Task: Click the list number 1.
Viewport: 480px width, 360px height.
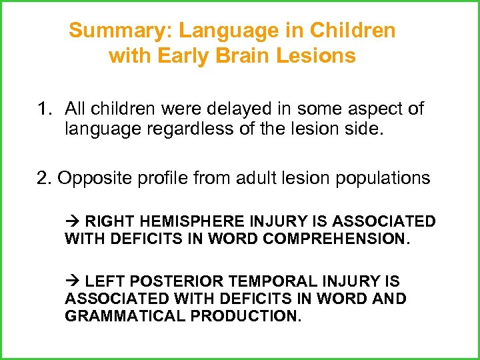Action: pyautogui.click(x=44, y=108)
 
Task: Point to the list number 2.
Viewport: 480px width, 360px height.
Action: pyautogui.click(x=43, y=178)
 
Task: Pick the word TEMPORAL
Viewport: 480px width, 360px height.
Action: pyautogui.click(x=281, y=282)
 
